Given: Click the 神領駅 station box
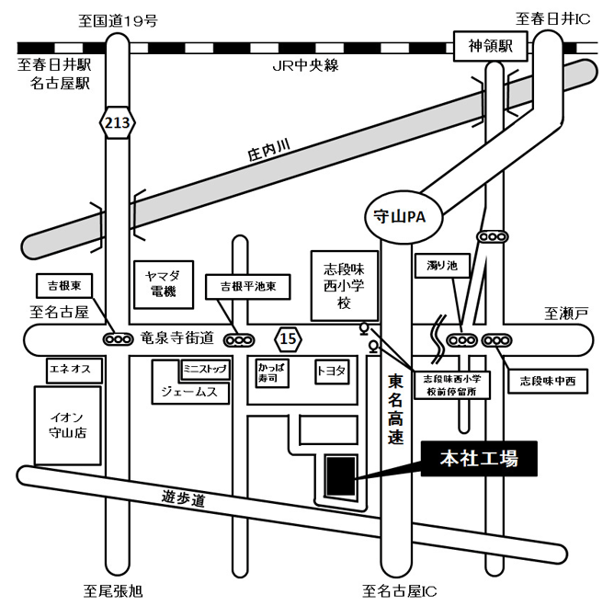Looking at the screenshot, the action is [491, 46].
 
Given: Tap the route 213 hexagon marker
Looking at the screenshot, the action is [118, 122].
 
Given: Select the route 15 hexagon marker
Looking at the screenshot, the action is [289, 339].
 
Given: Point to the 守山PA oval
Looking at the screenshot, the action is [404, 217].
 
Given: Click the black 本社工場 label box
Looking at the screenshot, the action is [479, 458].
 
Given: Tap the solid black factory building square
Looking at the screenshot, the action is [341, 476].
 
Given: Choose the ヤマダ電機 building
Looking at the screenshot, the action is [164, 284].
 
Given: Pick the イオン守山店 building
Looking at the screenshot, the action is [68, 426].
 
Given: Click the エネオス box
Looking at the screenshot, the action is [74, 370].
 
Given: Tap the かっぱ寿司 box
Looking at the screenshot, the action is [272, 373].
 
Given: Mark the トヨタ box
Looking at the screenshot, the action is [332, 372].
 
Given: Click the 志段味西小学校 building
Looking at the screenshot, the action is [345, 286].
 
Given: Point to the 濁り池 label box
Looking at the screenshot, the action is [442, 266].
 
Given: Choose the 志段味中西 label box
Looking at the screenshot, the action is [548, 381].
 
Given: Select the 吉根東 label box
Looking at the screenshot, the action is [64, 286].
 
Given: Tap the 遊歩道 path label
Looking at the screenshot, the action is [184, 498].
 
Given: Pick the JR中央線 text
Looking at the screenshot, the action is [305, 65].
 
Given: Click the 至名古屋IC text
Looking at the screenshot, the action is [400, 591].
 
